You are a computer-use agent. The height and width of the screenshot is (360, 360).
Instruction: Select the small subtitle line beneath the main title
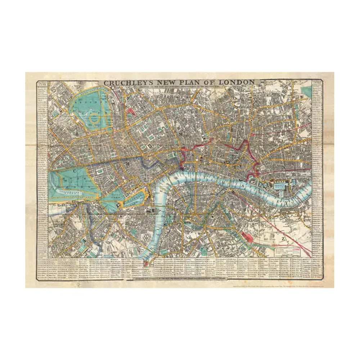coord(180,87)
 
